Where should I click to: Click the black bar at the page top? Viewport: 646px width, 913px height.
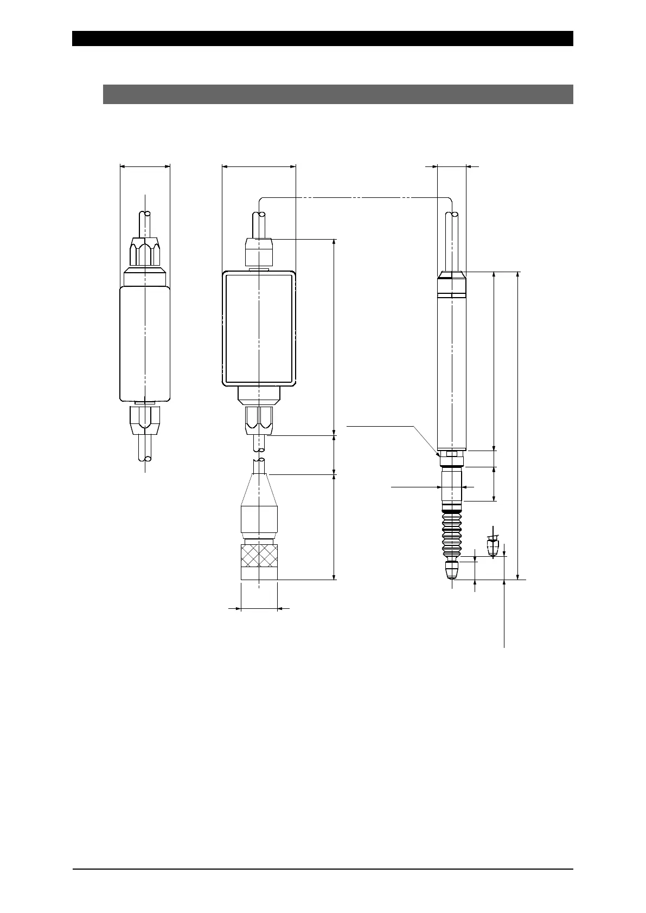coord(323,38)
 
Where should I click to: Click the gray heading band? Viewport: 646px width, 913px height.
coord(338,94)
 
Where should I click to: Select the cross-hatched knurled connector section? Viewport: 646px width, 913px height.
coord(259,557)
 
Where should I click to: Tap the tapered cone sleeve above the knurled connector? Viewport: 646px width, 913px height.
coord(259,490)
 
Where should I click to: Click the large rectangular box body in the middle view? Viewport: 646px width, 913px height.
coord(259,328)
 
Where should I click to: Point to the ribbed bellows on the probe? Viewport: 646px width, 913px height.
coord(451,537)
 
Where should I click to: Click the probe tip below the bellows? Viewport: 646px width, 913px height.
coord(451,571)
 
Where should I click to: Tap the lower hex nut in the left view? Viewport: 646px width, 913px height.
coord(145,417)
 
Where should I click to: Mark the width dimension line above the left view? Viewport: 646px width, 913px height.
coord(145,167)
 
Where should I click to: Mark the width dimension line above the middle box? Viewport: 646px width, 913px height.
coord(259,167)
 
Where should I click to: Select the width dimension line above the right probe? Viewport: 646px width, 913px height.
coord(451,167)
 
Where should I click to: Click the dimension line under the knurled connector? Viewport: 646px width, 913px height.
coord(259,609)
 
